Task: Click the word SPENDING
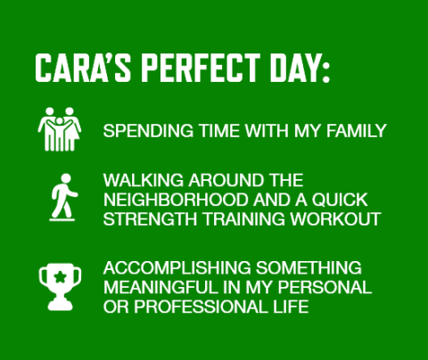click(144, 131)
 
